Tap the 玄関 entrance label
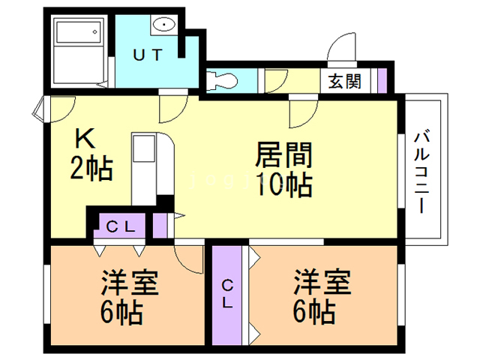pos(344,79)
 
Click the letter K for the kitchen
pos(84,139)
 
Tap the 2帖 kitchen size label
pos(91,169)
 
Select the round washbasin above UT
pos(163,25)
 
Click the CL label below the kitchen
pos(119,225)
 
